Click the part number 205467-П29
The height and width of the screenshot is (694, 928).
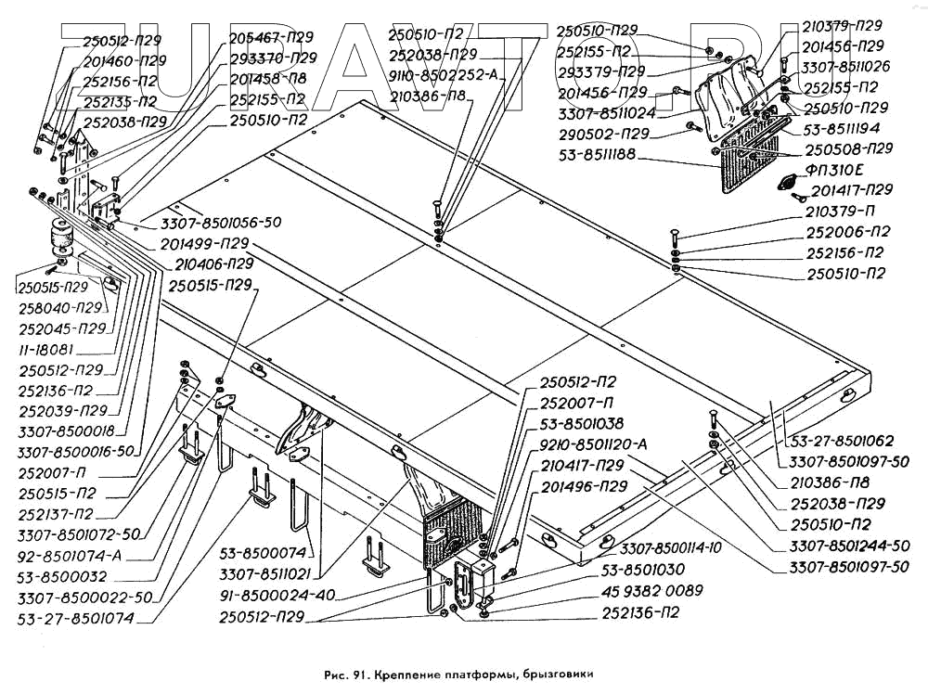pos(271,37)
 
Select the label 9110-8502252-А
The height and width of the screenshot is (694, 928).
pos(443,76)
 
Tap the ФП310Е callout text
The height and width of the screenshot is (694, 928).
pos(834,171)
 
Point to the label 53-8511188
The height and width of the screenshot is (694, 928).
pos(597,154)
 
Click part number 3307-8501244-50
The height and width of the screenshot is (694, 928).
pos(849,545)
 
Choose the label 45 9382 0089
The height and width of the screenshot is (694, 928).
pos(652,590)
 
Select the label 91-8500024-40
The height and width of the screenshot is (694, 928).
pos(277,595)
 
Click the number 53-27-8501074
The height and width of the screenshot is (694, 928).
pos(76,618)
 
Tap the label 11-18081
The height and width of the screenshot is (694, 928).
pos(46,349)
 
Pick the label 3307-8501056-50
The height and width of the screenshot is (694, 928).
pos(221,223)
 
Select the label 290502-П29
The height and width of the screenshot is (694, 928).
pos(604,134)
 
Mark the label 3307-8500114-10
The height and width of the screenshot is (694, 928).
pos(671,548)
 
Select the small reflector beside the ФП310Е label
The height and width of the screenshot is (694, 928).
pos(788,183)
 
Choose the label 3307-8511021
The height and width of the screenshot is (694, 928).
pos(265,574)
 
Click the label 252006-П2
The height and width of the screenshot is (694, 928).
pos(847,232)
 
